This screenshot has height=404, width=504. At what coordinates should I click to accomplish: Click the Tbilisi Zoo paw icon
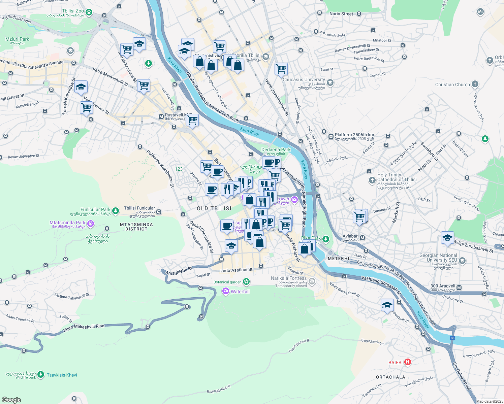tap(89, 12)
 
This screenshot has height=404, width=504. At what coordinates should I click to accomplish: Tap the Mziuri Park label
tap(17, 39)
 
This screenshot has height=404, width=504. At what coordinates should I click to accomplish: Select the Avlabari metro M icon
tap(363, 238)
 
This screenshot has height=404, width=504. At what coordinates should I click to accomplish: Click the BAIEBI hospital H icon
tap(407, 362)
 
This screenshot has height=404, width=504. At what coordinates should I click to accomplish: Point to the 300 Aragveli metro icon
tap(459, 288)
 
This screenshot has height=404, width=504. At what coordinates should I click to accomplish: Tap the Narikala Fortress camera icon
tap(312, 281)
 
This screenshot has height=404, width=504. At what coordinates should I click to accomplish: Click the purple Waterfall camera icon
tap(226, 291)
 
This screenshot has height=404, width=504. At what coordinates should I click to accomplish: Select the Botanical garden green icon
tap(246, 281)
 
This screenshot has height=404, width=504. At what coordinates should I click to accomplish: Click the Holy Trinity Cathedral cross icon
tap(372, 180)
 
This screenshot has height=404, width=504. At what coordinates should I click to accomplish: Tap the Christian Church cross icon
tap(475, 84)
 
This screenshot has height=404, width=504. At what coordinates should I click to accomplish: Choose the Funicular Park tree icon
tap(116, 211)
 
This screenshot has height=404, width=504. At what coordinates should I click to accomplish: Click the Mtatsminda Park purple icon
tap(90, 224)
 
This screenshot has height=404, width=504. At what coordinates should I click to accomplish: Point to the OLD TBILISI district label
tap(214, 209)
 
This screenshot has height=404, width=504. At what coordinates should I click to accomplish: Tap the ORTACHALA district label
tap(390, 377)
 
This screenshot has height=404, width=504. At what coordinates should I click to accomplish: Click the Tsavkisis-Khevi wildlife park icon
tap(41, 374)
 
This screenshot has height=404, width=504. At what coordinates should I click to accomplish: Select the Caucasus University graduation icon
tap(330, 82)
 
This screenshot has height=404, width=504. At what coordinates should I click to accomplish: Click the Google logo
tap(11, 400)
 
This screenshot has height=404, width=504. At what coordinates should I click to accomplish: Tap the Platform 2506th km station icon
tap(331, 136)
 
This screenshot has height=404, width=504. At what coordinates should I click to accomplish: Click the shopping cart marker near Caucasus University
tap(281, 69)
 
